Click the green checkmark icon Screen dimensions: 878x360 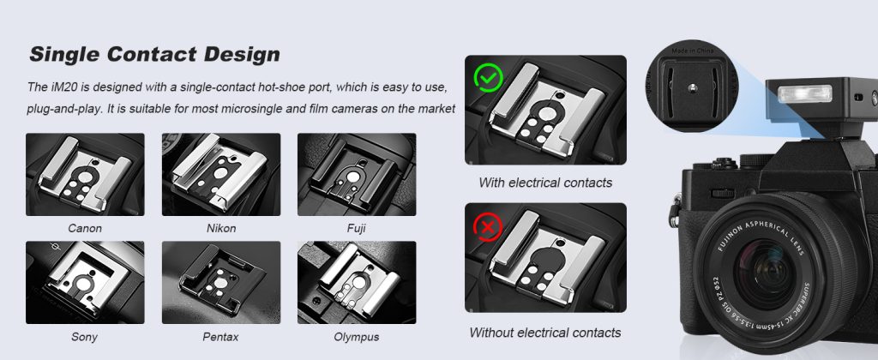pos(488,78)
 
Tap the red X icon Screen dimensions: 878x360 pos(488,227)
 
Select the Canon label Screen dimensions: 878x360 pos(85,229)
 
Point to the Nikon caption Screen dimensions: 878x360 pos(221,229)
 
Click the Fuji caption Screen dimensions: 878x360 pos(356,229)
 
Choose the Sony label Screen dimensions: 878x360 pos(85,337)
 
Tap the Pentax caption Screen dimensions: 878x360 pos(220,337)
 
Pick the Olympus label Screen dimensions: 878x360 pos(357,337)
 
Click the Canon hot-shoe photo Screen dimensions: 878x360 pos(85,174)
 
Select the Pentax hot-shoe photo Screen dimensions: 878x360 pos(221,283)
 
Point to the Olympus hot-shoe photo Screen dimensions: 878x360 pos(357,283)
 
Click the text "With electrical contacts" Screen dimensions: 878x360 pos(545,183)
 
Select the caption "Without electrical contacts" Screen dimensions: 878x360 pos(544,333)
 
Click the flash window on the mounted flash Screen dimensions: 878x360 pos(804,93)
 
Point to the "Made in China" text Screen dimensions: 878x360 pos(693,51)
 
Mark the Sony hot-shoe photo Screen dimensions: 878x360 pos(85,283)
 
